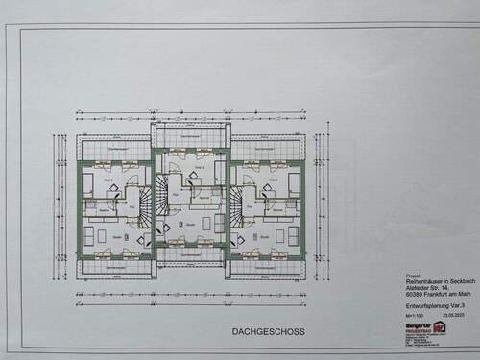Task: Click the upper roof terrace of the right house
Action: point(265,149)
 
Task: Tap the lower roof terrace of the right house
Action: point(265,266)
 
